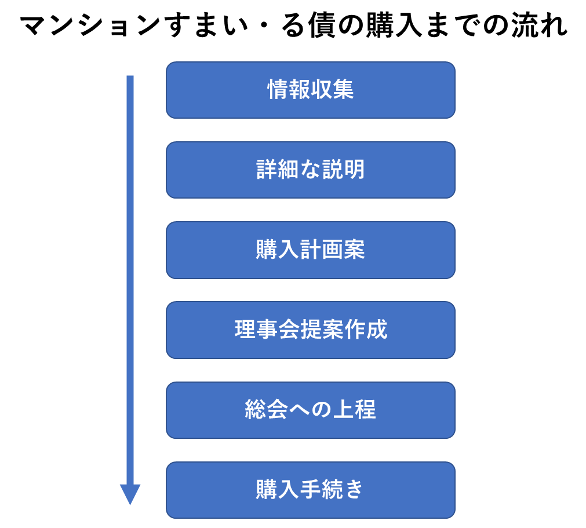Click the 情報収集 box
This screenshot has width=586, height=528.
(x=311, y=90)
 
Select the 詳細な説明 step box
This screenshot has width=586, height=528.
(x=311, y=170)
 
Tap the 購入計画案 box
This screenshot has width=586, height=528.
(x=311, y=250)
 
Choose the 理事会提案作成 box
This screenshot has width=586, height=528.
(x=311, y=330)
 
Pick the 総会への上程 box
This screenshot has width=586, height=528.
(x=311, y=410)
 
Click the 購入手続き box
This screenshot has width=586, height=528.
(x=311, y=490)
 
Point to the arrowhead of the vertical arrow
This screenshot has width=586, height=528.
(x=130, y=504)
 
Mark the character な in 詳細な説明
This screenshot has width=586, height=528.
(x=311, y=170)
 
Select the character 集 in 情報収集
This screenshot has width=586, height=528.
(x=344, y=90)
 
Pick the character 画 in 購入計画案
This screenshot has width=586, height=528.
(x=333, y=250)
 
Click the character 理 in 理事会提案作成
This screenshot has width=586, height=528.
(x=245, y=330)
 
